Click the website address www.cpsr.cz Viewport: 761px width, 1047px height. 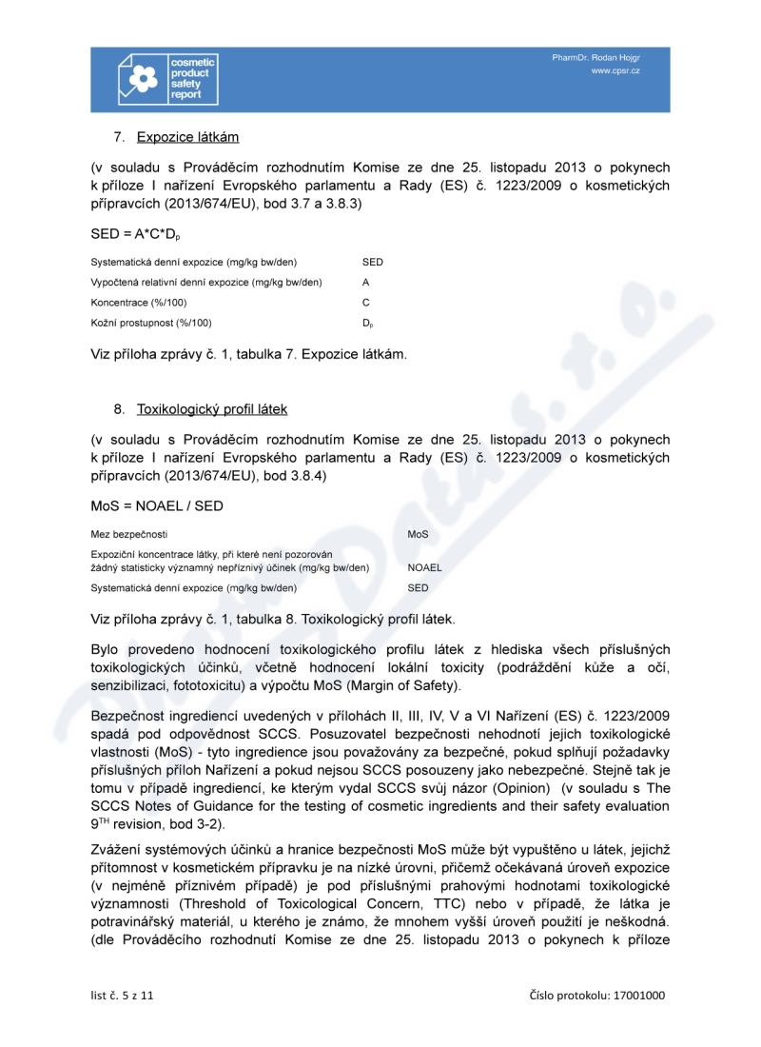point(615,71)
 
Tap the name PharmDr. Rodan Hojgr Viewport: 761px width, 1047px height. point(596,58)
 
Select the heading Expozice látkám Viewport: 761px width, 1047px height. point(187,136)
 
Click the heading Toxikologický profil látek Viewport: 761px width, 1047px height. point(212,409)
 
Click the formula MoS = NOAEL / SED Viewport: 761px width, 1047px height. point(157,506)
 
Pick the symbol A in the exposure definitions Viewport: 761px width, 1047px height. point(365,282)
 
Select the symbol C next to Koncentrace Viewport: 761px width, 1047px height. point(366,302)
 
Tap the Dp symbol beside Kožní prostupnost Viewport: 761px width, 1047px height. point(367,323)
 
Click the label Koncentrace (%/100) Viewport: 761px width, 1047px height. point(138,302)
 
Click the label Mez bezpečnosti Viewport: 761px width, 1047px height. point(128,534)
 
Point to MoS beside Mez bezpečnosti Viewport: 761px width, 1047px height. point(418,534)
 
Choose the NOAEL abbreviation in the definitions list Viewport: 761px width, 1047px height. point(424,567)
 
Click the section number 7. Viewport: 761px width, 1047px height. point(119,136)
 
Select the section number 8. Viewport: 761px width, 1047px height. point(119,409)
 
